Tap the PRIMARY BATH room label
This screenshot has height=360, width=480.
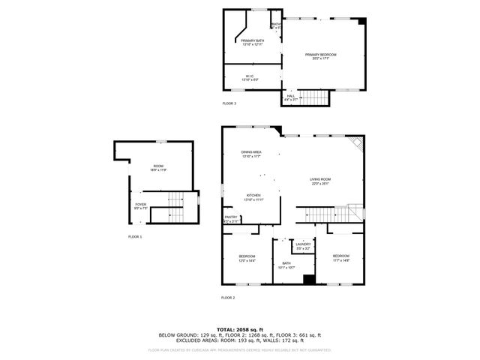click(252, 42)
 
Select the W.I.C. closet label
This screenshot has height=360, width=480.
click(251, 77)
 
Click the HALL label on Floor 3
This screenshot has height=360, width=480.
click(291, 97)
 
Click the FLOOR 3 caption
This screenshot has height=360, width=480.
click(229, 103)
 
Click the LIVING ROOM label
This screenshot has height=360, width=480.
click(320, 181)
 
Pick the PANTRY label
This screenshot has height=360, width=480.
click(230, 219)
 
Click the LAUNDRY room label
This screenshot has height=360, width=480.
click(303, 245)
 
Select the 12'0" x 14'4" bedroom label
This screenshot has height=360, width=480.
click(247, 259)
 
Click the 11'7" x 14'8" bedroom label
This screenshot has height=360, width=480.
click(341, 258)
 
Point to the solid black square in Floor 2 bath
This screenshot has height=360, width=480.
click(307, 280)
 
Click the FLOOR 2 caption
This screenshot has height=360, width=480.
click(228, 298)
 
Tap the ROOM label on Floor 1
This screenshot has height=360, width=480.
click(158, 168)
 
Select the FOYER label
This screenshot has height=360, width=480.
click(140, 205)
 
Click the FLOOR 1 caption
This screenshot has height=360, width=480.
click(134, 237)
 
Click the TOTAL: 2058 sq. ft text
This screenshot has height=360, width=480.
click(239, 329)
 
